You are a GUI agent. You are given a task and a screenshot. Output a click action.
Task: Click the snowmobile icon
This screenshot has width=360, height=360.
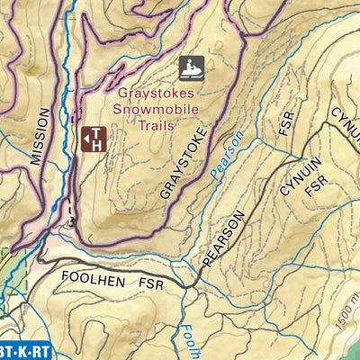coord(190,68)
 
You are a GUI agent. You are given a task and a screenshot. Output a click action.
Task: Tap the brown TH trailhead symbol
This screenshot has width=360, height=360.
coord(94,138)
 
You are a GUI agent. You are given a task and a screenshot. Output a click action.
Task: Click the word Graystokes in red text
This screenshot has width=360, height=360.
coord(158,93)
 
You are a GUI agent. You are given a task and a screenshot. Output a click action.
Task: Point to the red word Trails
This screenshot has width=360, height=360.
coord(160,126)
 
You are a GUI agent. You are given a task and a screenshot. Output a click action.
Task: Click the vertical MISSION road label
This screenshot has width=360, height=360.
coord(37,137)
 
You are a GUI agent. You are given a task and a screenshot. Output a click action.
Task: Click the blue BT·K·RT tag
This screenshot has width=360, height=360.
coord(23,350)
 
